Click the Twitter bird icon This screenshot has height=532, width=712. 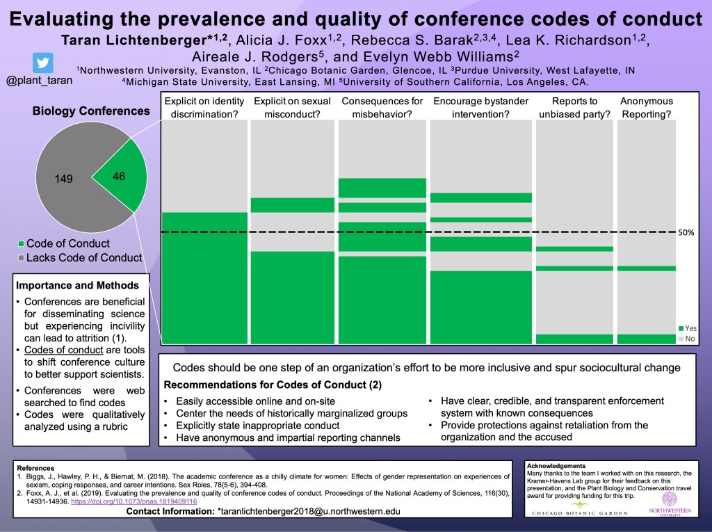43,63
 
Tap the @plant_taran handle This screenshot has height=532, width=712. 39,81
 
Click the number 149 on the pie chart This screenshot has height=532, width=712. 63,179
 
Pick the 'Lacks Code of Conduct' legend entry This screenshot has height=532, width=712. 79,258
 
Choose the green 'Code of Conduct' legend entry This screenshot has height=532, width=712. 63,243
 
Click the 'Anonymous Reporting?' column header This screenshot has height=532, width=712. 646,108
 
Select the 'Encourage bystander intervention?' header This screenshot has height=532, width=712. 481,108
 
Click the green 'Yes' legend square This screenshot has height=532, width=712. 681,328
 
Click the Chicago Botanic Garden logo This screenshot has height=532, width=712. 578,508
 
